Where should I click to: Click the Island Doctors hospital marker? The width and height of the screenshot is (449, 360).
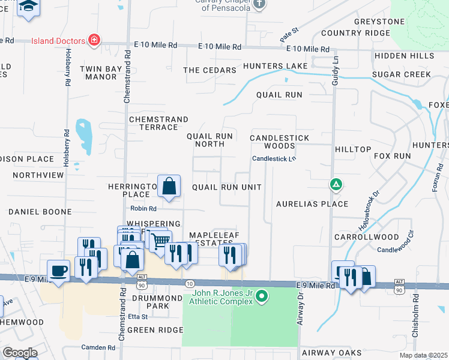pyautogui.click(x=94, y=41)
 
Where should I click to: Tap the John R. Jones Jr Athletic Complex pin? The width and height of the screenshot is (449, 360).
pyautogui.click(x=261, y=296)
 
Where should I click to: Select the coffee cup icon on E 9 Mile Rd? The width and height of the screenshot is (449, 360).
pyautogui.click(x=59, y=271)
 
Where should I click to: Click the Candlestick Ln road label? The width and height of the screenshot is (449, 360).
pyautogui.click(x=274, y=159)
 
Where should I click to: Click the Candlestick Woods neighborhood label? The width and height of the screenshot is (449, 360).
pyautogui.click(x=280, y=142)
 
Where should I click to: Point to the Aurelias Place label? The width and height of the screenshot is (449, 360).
pyautogui.click(x=312, y=204)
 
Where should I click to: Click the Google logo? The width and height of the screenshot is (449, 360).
pyautogui.click(x=20, y=353)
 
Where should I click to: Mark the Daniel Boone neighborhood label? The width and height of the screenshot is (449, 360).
pyautogui.click(x=41, y=212)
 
